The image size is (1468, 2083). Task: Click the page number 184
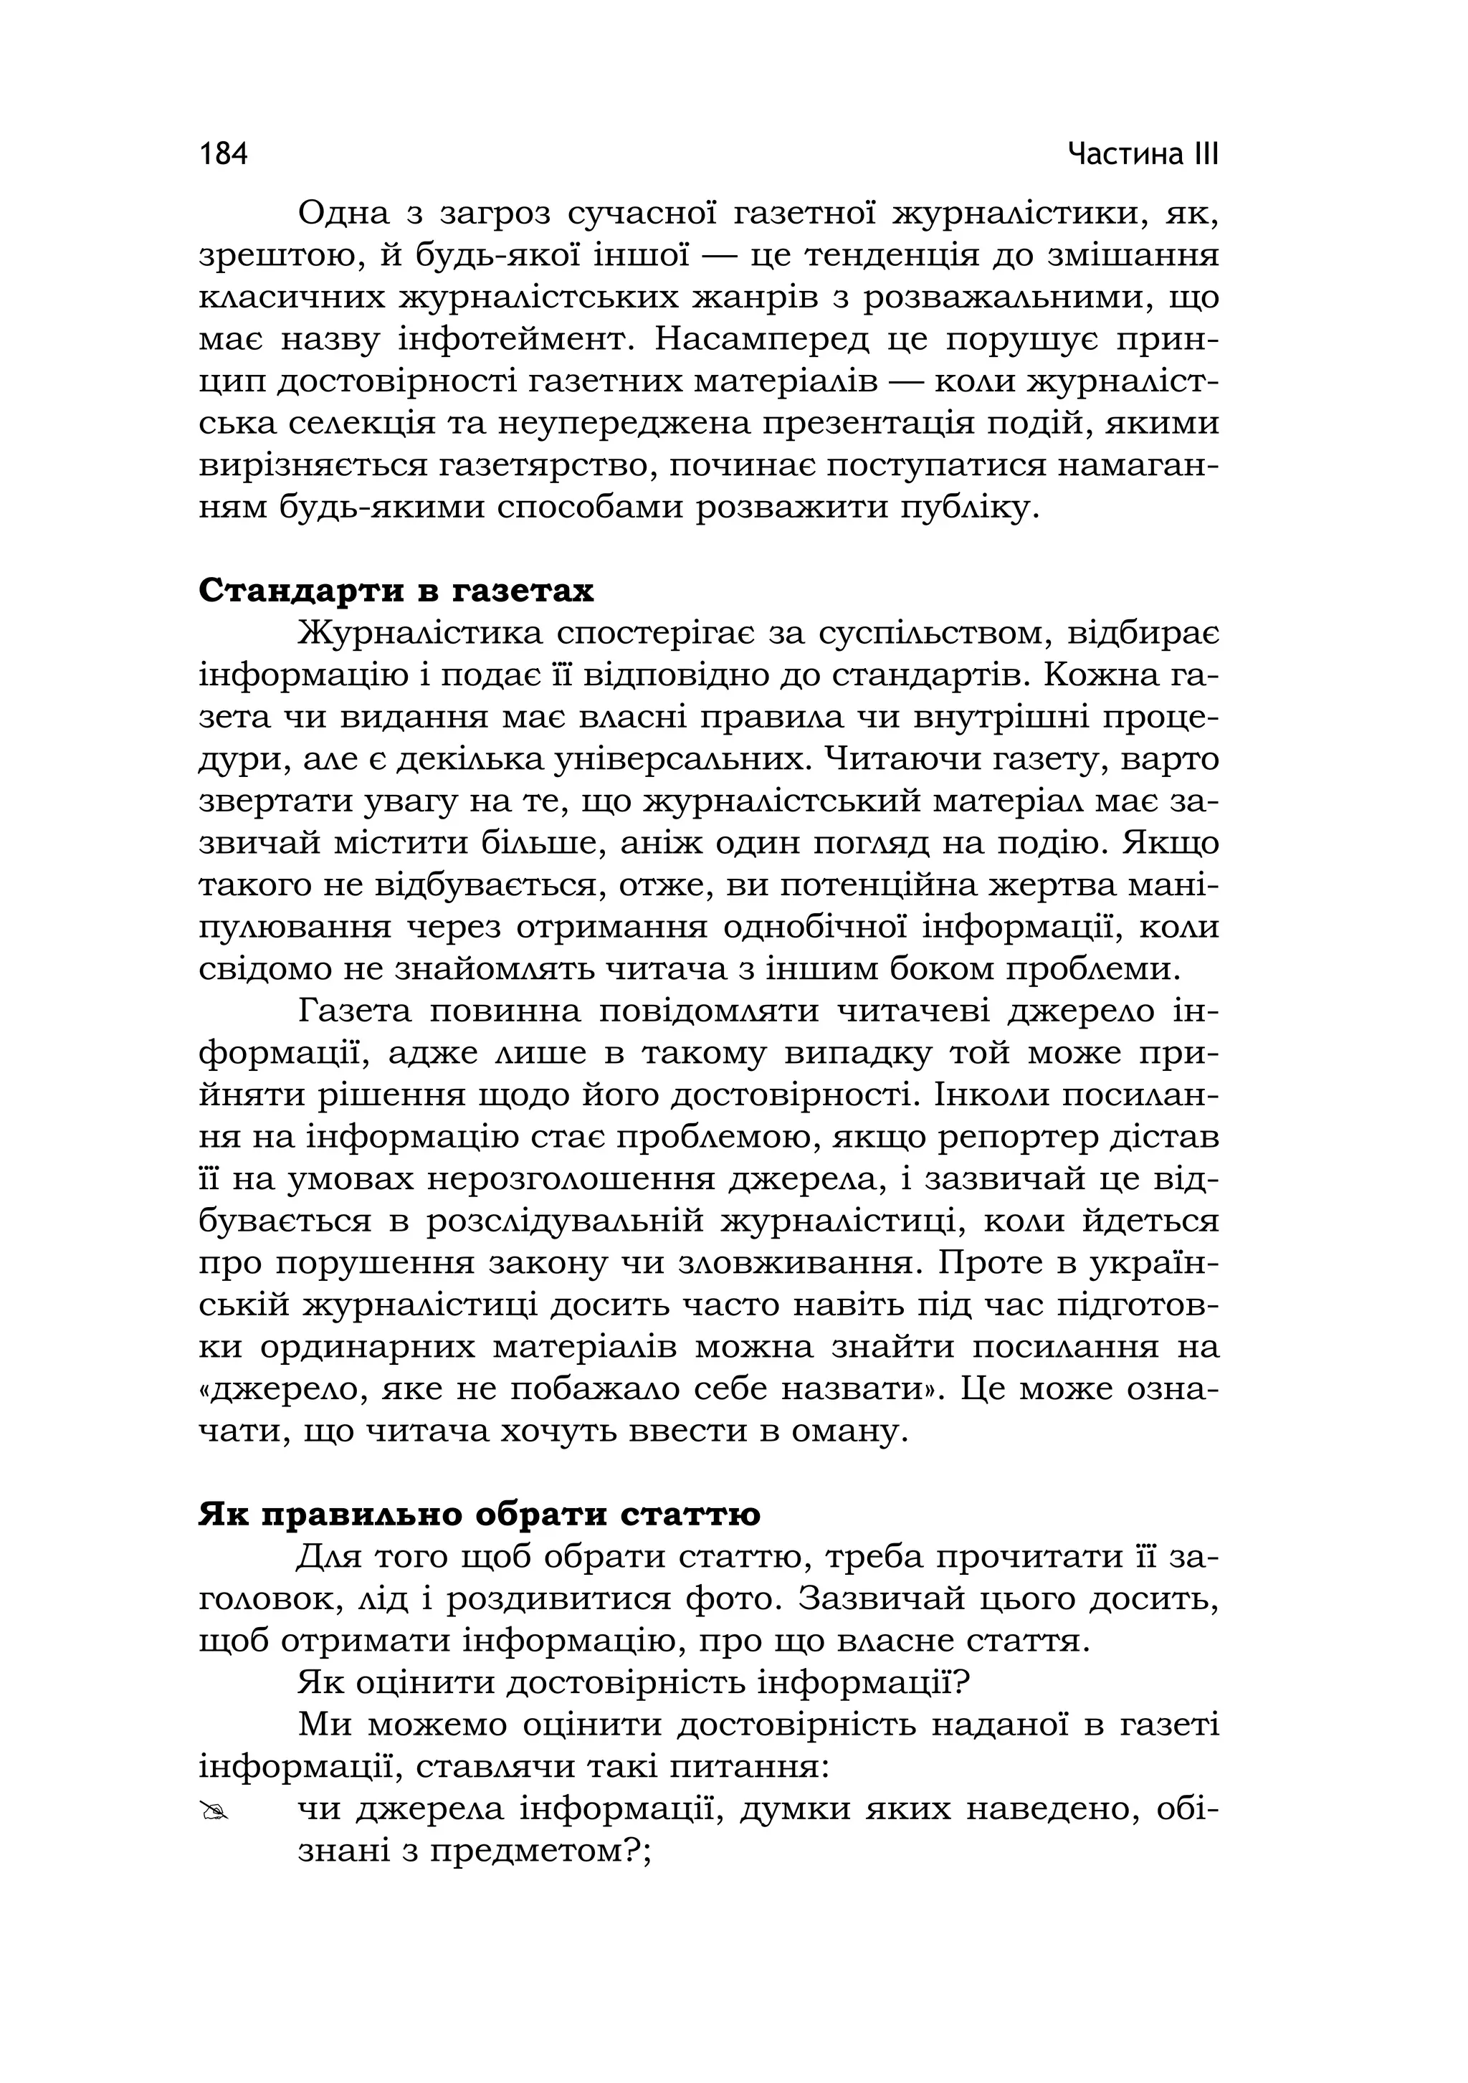[223, 154]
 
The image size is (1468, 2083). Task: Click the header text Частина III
[1143, 154]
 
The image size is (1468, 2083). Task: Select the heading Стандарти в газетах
[396, 591]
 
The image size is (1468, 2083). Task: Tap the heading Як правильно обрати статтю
[479, 1514]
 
